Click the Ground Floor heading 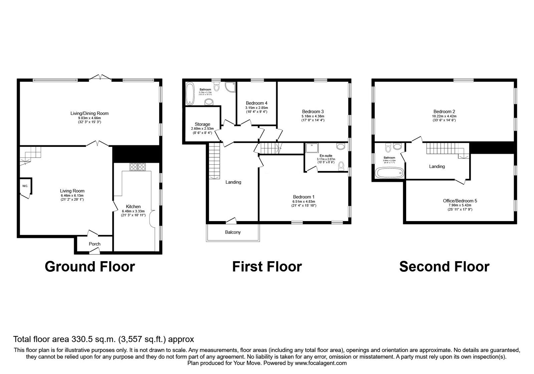[90, 267]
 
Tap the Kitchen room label [133, 207]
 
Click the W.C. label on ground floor [25, 186]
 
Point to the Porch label [94, 244]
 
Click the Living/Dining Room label [89, 114]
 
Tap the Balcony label [233, 232]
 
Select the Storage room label [203, 124]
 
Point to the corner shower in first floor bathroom [230, 87]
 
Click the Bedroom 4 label [256, 103]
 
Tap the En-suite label [326, 156]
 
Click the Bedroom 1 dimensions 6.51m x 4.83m [304, 202]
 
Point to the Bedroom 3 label [313, 112]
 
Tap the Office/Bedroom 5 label [460, 201]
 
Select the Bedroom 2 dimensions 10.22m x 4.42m [444, 116]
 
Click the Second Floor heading [444, 267]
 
